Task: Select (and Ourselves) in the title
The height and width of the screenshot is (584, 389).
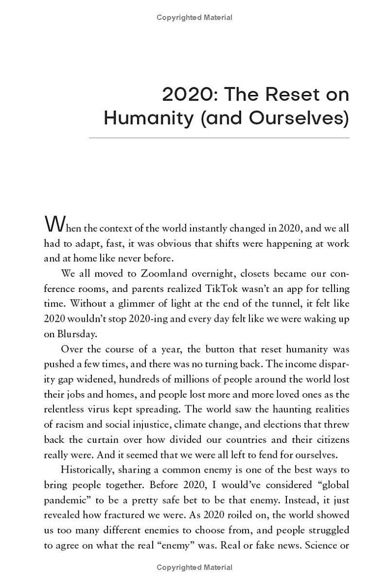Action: pyautogui.click(x=275, y=118)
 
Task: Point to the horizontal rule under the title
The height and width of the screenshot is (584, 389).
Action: pyautogui.click(x=219, y=138)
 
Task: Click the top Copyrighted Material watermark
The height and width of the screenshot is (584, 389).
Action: pyautogui.click(x=194, y=18)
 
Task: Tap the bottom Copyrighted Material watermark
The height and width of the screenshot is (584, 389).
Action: pyautogui.click(x=194, y=567)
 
